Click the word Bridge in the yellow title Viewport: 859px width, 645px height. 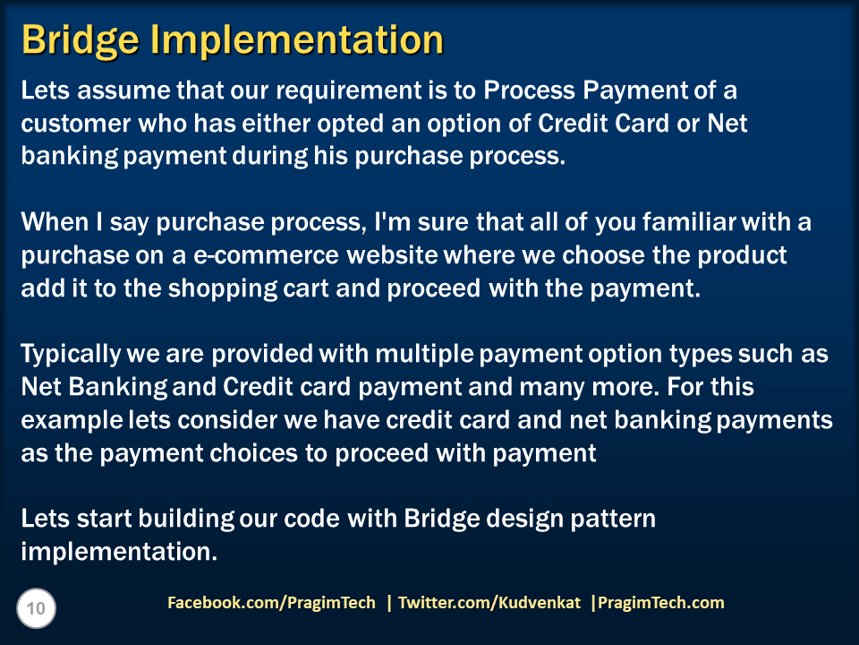(76, 40)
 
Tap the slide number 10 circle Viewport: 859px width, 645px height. (36, 609)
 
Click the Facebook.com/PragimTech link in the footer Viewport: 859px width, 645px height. (272, 603)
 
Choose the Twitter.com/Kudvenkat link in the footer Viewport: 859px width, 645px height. (489, 603)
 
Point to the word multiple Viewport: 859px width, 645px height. (426, 355)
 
